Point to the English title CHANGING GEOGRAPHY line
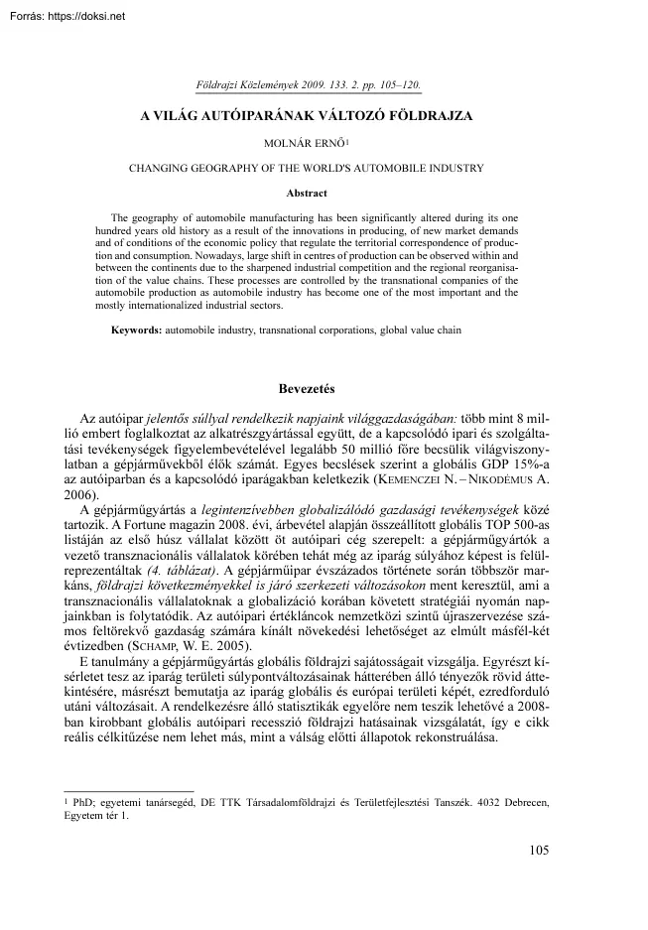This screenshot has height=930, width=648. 307,168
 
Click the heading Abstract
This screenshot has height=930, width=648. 306,192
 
